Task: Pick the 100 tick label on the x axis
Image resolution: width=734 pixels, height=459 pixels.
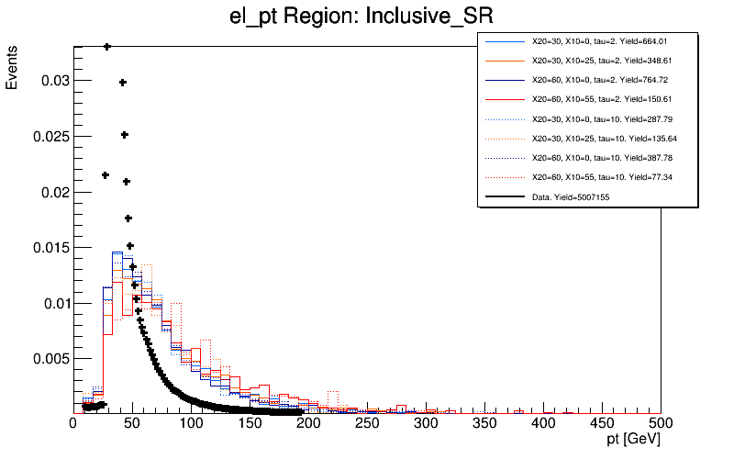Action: pyautogui.click(x=191, y=424)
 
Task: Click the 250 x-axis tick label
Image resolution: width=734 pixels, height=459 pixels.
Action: pyautogui.click(x=367, y=424)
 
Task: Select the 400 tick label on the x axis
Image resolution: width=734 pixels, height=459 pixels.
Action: pyautogui.click(x=543, y=424)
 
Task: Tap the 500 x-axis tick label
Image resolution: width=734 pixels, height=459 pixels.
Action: pyautogui.click(x=661, y=424)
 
